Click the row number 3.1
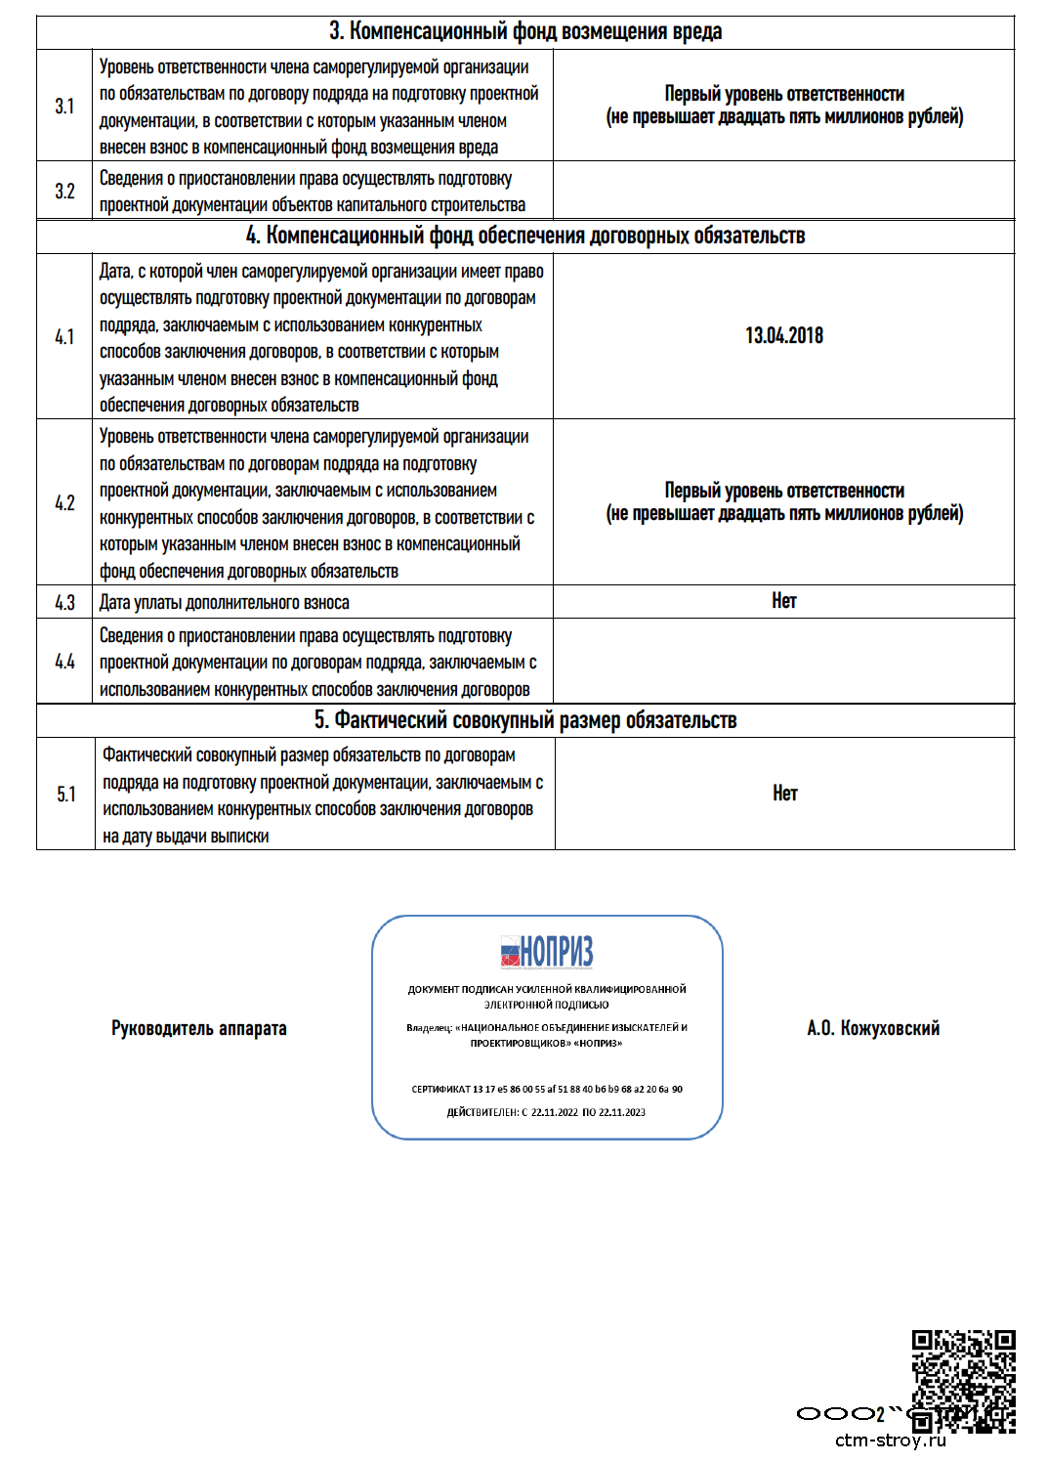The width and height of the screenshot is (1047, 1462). (64, 107)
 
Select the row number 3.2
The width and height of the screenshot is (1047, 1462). (64, 192)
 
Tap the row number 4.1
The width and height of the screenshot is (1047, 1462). (64, 337)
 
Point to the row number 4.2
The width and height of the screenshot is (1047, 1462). (64, 503)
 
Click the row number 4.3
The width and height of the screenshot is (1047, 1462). (64, 603)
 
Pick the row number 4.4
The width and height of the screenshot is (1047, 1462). (64, 663)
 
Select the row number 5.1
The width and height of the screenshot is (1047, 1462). (65, 795)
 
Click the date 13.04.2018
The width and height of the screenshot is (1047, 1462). (784, 336)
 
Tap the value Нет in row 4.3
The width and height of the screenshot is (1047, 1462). (784, 601)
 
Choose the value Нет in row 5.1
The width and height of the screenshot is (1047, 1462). (785, 794)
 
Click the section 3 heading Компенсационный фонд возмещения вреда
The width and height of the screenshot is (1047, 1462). (525, 31)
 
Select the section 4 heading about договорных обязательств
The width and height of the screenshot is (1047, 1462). (525, 236)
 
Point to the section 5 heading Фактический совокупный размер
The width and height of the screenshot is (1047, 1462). (525, 720)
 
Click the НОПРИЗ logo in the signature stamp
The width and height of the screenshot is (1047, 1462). (547, 951)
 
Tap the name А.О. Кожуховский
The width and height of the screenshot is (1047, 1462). (873, 1028)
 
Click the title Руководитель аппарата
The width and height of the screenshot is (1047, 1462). (199, 1028)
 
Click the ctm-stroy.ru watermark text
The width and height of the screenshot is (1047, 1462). (891, 1440)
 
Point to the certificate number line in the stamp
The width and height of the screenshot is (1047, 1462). (547, 1089)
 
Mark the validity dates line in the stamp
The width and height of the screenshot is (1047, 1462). (547, 1112)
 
